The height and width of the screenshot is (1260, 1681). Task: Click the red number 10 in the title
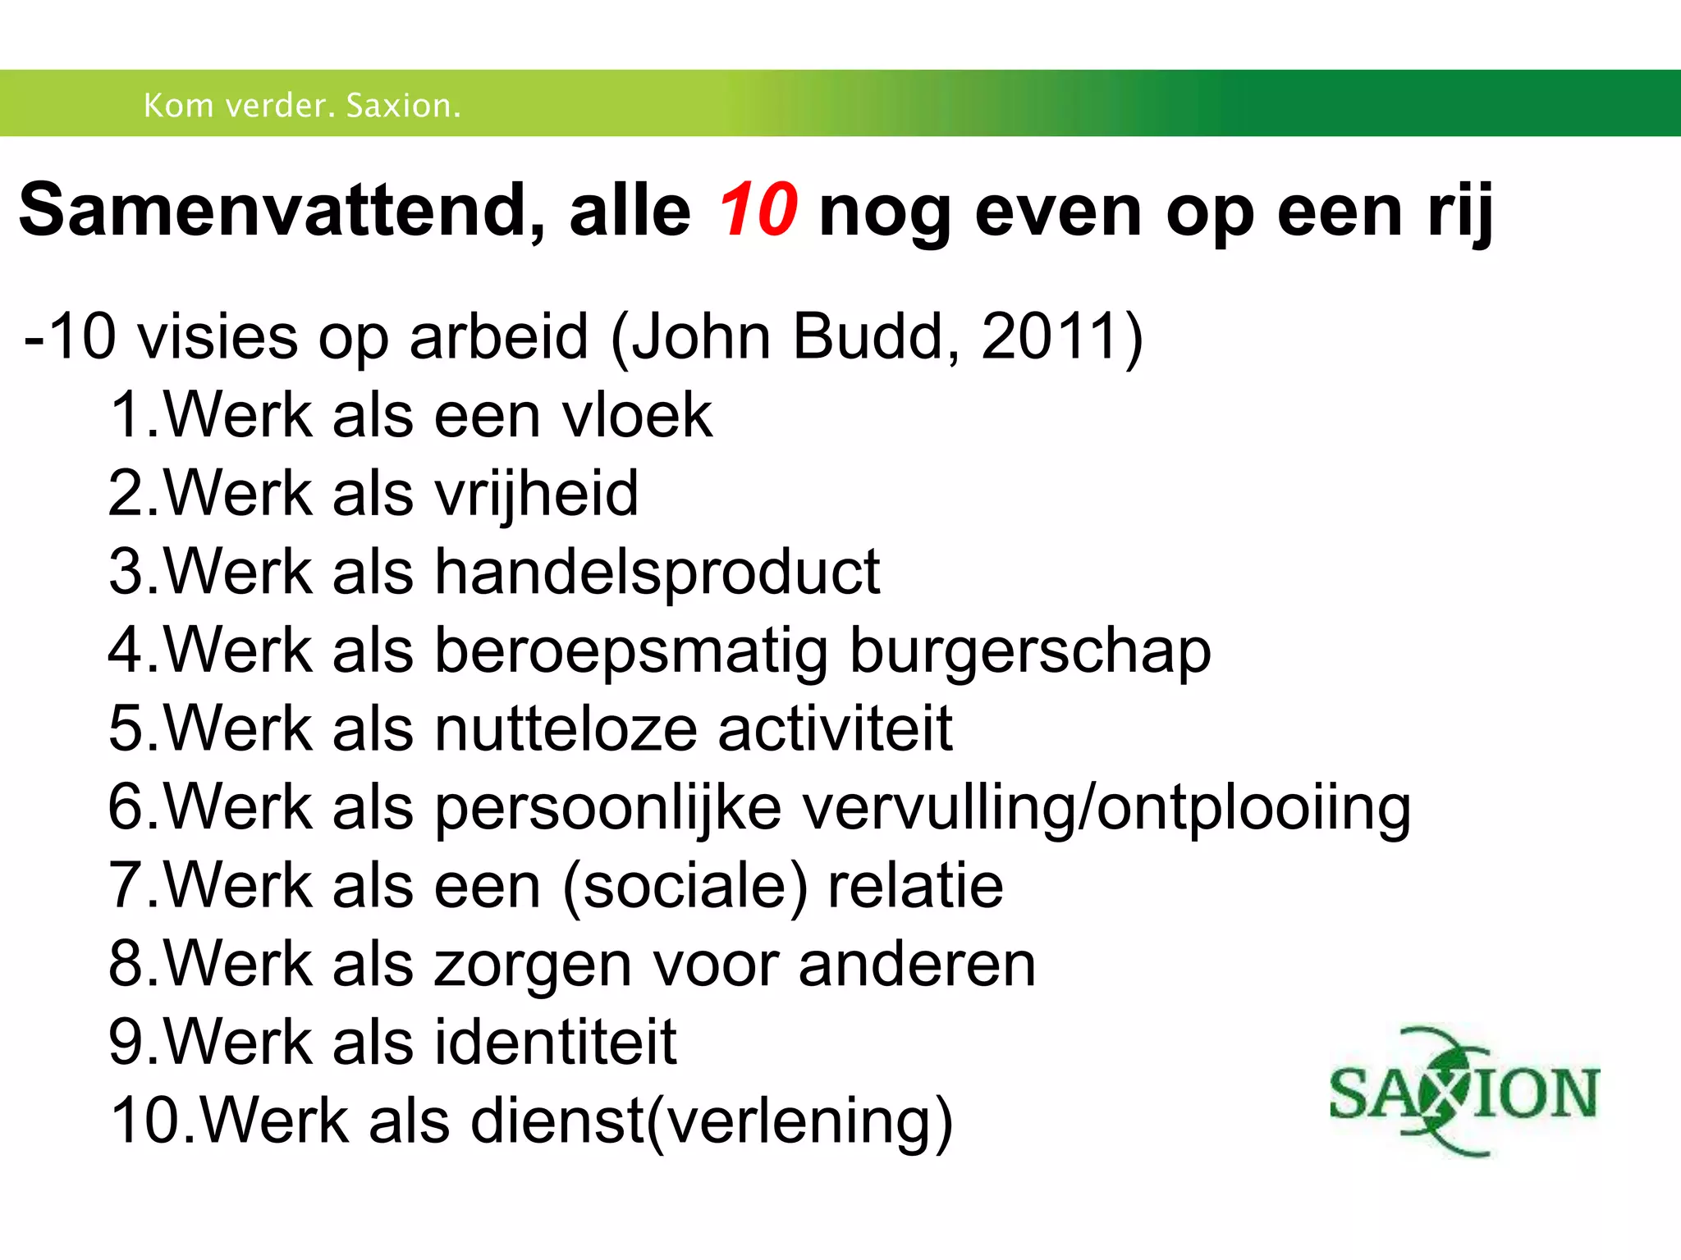coord(757,211)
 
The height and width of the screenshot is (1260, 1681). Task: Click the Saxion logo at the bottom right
coord(1464,1092)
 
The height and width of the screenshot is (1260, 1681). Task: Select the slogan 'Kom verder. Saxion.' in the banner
coord(302,106)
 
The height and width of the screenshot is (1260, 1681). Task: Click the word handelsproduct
coord(657,572)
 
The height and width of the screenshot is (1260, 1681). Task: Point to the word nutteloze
coord(566,728)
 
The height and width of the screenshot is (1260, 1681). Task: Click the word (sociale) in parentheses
coord(685,887)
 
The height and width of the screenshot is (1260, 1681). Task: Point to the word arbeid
coord(499,336)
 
